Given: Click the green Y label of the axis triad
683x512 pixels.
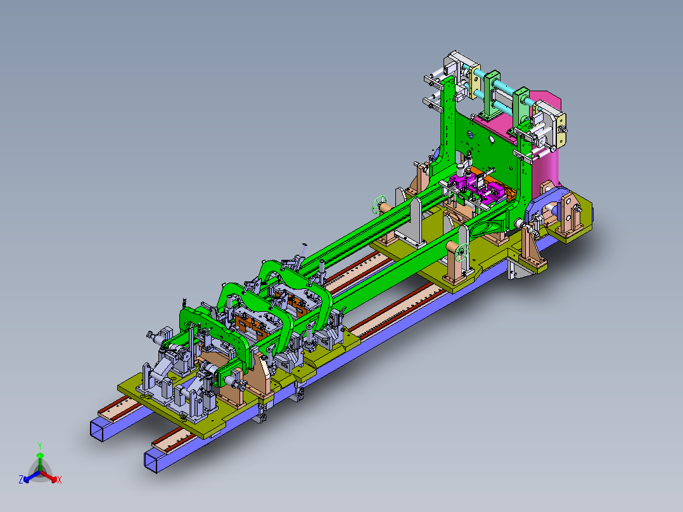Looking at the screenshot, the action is coord(40,445).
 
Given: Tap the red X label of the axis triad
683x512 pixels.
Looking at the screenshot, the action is coord(60,480).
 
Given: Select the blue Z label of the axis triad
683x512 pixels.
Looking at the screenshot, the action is coord(20,480).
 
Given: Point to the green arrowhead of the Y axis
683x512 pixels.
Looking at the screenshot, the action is coord(40,456).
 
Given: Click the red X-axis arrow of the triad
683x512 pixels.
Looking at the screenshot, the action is coord(49,477).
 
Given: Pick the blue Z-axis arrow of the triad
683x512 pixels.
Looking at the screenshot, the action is coord(32,477).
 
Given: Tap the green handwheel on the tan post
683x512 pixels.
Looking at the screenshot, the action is coord(462,253).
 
